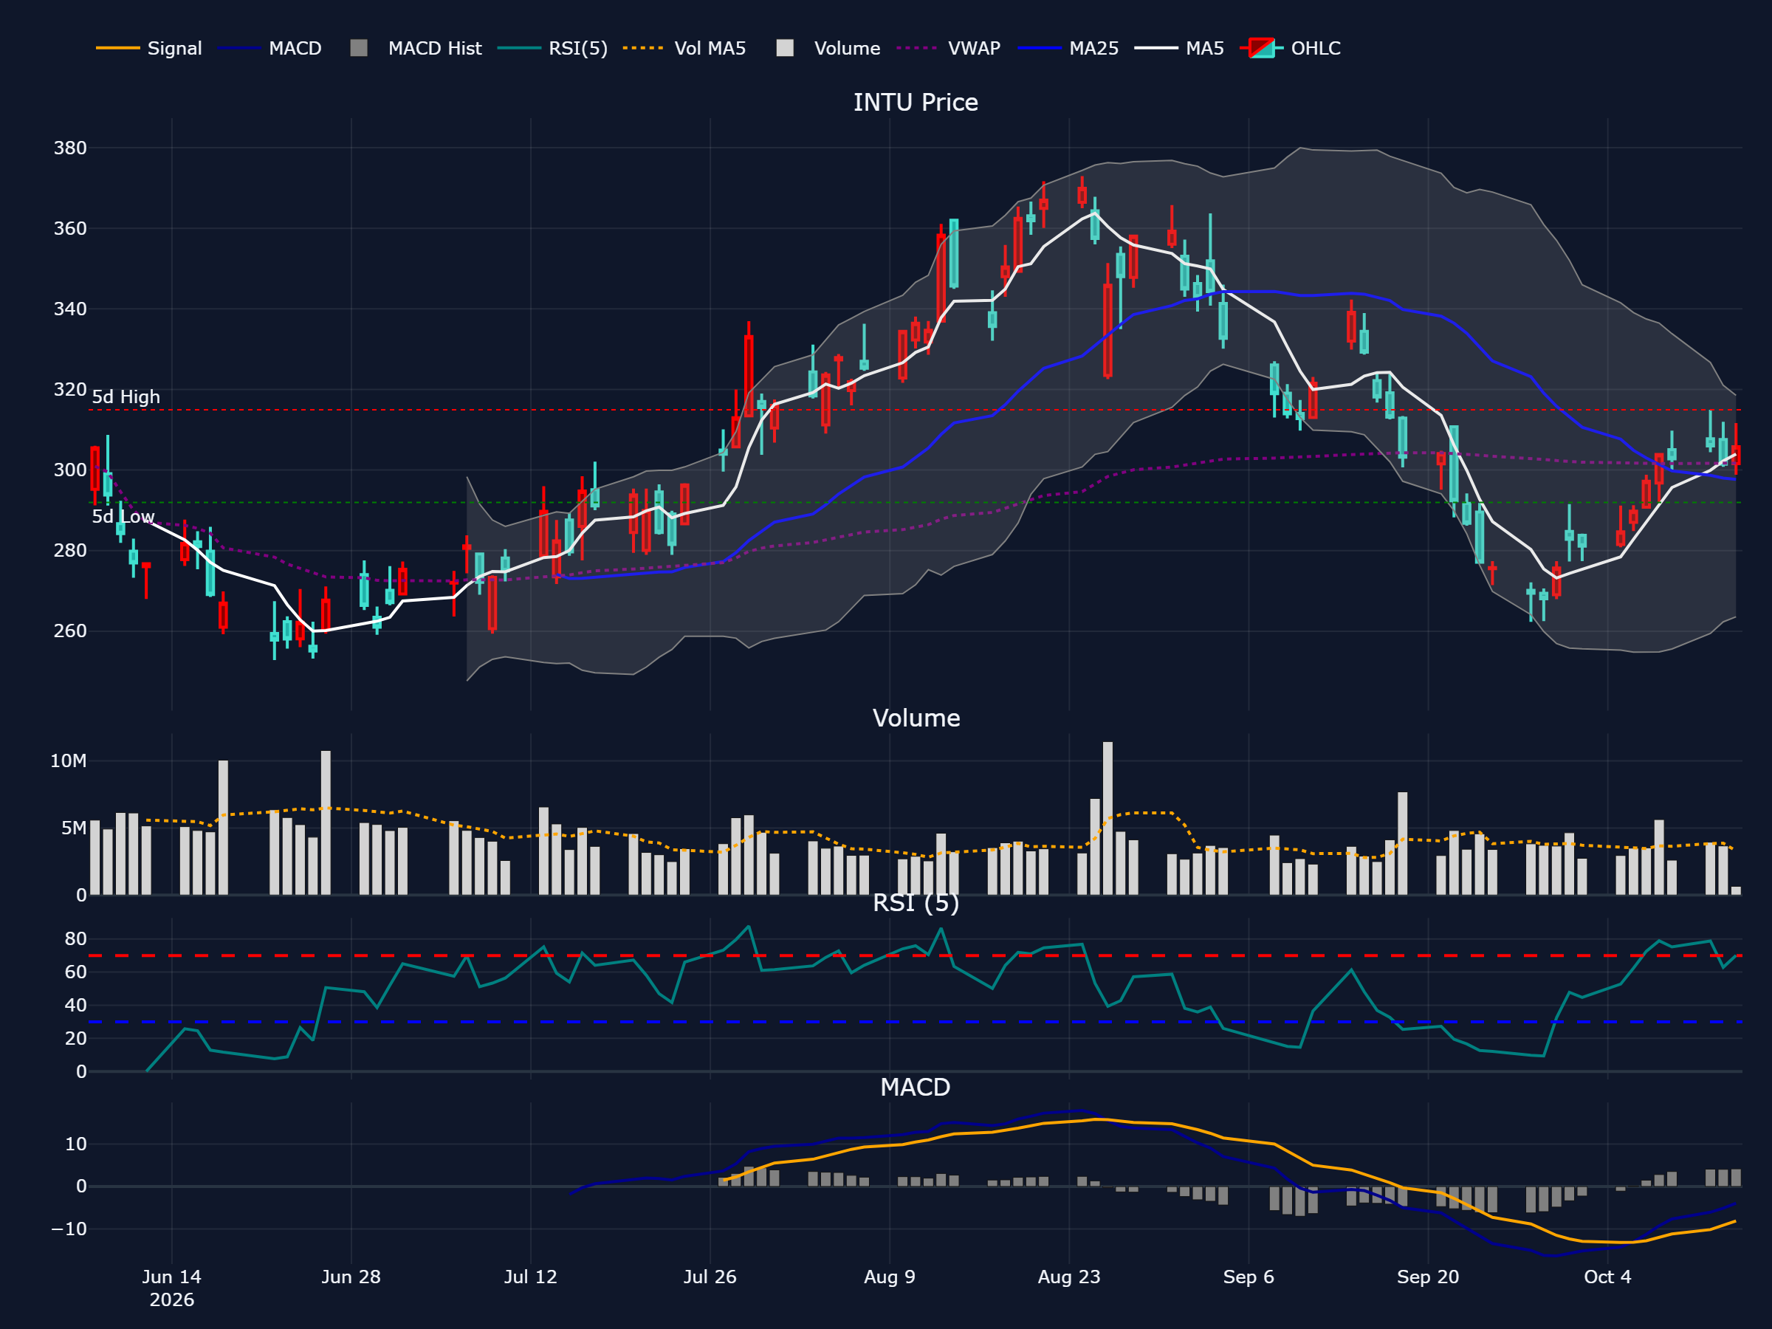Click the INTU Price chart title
[916, 103]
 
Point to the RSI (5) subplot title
[916, 903]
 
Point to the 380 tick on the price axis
[69, 148]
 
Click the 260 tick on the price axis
[69, 631]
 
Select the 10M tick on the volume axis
[68, 761]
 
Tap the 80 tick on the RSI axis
[75, 939]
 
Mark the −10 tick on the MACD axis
[69, 1229]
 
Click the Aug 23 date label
[1068, 1277]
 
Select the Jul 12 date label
[530, 1277]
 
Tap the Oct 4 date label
[1607, 1277]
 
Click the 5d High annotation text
[126, 397]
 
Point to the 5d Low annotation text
[123, 517]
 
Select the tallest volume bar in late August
[1107, 818]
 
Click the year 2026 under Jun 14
[171, 1299]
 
